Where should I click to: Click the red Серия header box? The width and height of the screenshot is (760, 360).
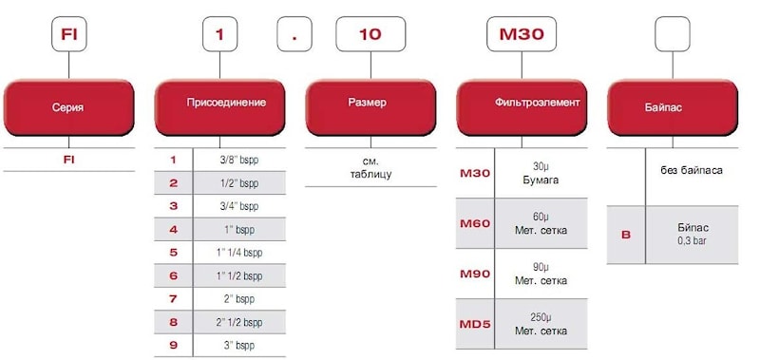(x=68, y=107)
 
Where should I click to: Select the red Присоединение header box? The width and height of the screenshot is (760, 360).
(x=220, y=107)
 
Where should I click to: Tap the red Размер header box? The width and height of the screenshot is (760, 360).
(x=370, y=107)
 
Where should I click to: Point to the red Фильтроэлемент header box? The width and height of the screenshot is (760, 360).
(x=522, y=107)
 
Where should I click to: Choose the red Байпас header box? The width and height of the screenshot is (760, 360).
(x=673, y=107)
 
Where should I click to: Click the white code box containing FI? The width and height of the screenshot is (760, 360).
(x=68, y=34)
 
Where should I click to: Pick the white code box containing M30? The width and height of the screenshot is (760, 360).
(x=522, y=34)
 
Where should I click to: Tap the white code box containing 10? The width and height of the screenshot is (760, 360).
(x=370, y=34)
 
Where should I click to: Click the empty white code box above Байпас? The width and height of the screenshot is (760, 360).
(x=673, y=34)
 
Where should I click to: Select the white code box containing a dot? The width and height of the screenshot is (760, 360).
(x=294, y=34)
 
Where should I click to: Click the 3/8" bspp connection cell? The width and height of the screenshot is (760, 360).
(x=240, y=160)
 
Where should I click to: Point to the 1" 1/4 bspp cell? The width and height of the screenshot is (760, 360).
(x=240, y=253)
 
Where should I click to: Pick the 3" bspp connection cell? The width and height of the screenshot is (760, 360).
(x=240, y=346)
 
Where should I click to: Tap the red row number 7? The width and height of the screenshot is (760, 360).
(x=174, y=299)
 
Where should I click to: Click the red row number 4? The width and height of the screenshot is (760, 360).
(x=174, y=230)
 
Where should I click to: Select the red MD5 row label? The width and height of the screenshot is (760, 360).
(x=475, y=324)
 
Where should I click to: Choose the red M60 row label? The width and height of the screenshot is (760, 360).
(x=475, y=224)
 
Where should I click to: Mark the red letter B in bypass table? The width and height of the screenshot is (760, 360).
(x=626, y=236)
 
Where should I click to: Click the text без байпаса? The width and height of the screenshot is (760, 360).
(x=692, y=170)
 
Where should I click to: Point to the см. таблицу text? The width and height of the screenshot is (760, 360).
(x=370, y=167)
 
